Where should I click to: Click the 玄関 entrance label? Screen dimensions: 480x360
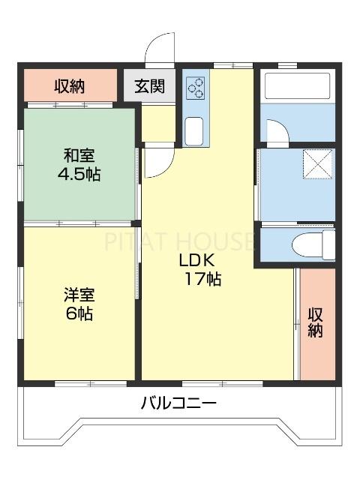click(x=150, y=86)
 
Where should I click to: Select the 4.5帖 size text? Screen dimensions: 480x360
click(x=78, y=174)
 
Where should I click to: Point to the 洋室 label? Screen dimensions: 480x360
click(x=78, y=295)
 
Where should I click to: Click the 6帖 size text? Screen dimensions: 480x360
click(x=78, y=313)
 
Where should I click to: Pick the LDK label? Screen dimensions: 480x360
click(x=196, y=260)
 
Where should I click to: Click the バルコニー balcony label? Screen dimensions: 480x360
click(x=179, y=403)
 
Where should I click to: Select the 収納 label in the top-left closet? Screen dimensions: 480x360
click(x=70, y=86)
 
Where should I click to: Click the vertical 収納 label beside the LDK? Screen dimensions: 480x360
click(x=316, y=321)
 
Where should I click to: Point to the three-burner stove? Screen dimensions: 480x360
click(x=196, y=88)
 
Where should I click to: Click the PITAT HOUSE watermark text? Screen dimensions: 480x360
click(x=180, y=241)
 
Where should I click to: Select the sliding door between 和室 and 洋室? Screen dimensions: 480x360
click(x=79, y=223)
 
